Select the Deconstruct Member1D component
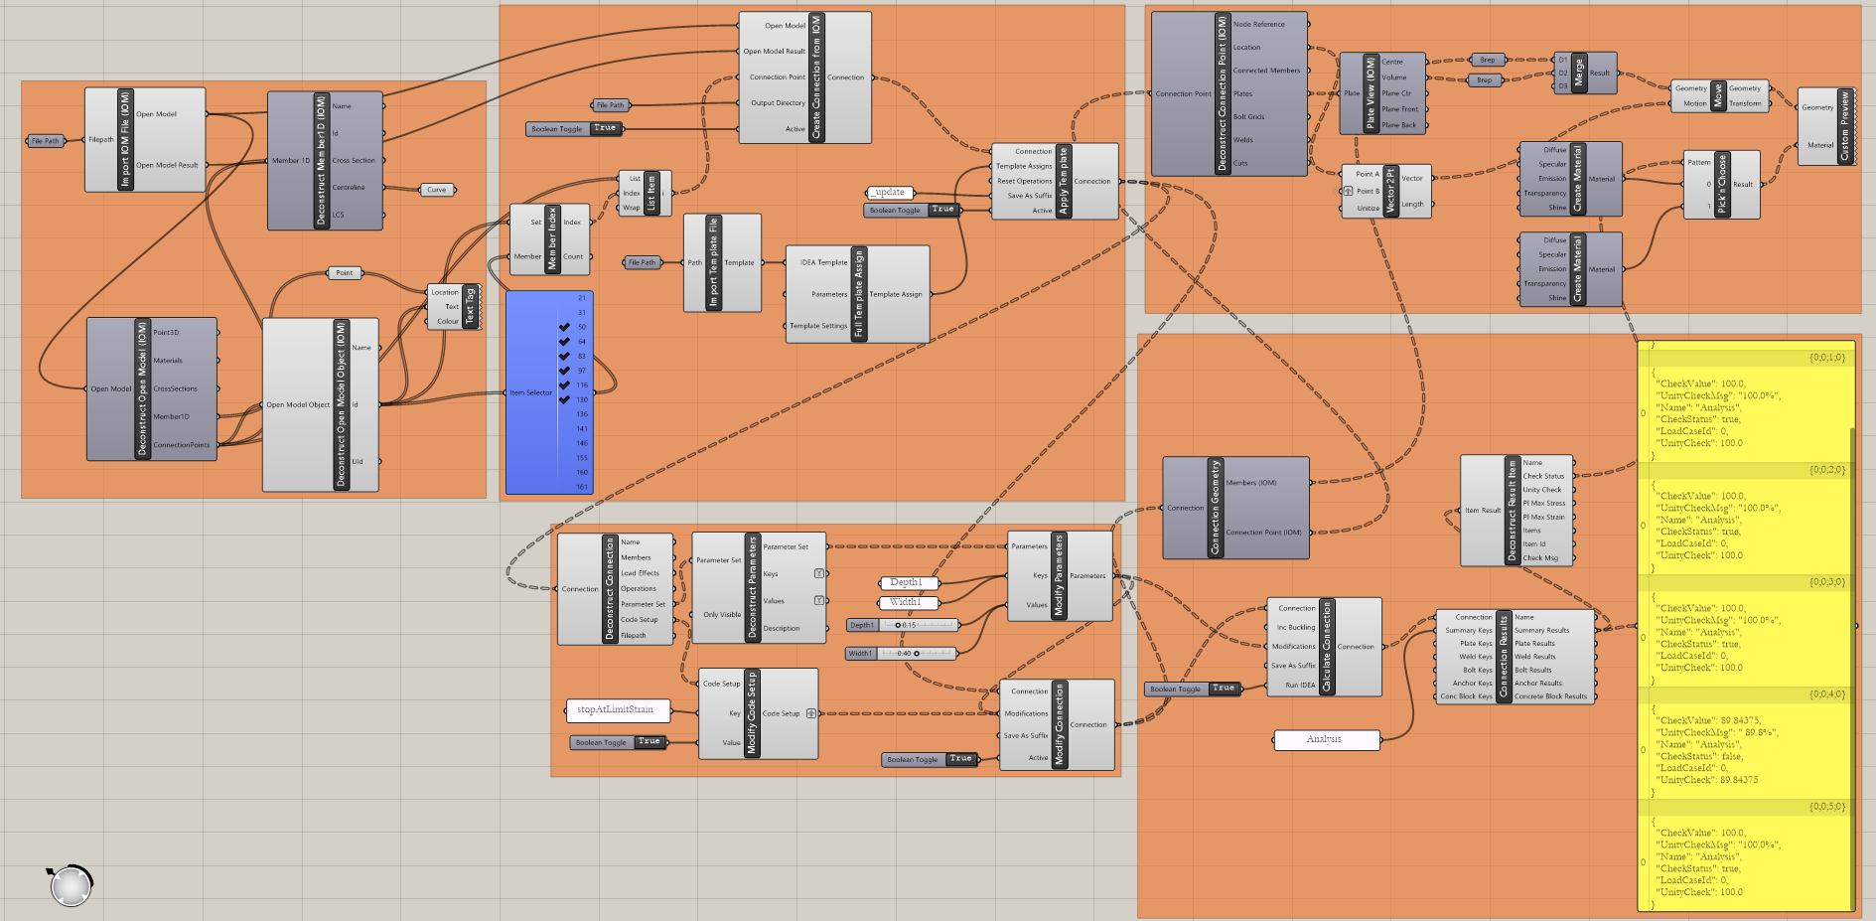pos(321,160)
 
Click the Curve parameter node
pos(437,190)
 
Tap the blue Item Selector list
pos(549,391)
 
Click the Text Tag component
pos(471,307)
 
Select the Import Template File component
pos(712,262)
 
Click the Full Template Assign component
pos(858,294)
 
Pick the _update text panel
pos(890,193)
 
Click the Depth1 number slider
pos(903,625)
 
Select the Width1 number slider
pos(902,654)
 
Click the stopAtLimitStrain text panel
pos(617,709)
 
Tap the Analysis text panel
pos(1326,739)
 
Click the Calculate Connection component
pos(1326,647)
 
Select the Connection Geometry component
pos(1215,508)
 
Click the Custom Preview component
pos(1844,126)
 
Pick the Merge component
pos(1579,74)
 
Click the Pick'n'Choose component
pos(1722,184)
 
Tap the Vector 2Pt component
pos(1390,191)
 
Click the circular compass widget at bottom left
pos(71,885)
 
